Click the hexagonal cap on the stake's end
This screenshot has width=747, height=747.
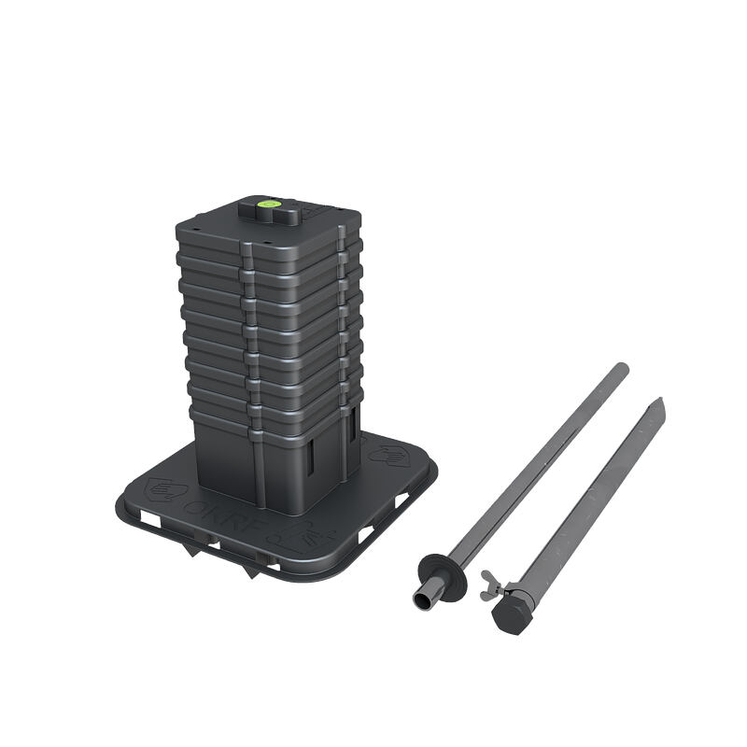click(x=510, y=617)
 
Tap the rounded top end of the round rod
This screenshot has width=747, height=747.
click(x=622, y=367)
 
